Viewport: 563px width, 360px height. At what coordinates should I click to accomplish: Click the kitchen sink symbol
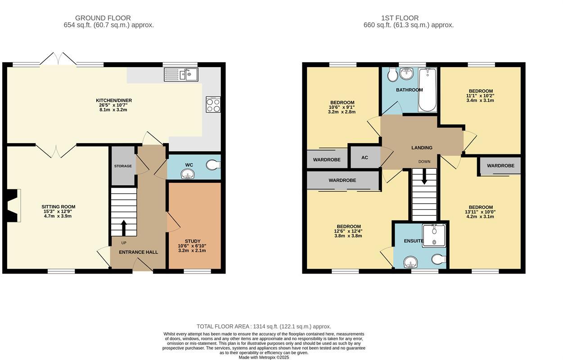tap(180, 74)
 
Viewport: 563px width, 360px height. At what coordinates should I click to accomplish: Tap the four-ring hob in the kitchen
tap(213, 105)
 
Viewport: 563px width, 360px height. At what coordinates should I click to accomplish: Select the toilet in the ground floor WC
tap(213, 166)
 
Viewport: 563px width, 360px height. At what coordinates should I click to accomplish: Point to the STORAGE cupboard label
tap(123, 166)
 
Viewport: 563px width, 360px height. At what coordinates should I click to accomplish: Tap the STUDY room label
tap(193, 241)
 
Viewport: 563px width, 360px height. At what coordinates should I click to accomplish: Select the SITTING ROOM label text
tap(56, 207)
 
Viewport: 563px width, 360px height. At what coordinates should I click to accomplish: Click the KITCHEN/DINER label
tap(114, 100)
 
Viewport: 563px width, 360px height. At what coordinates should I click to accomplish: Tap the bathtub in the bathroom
tap(427, 90)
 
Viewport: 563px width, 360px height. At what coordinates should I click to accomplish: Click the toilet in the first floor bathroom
tap(392, 75)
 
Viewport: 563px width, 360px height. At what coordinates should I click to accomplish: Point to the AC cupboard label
tap(365, 158)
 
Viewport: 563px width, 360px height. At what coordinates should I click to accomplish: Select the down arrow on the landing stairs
tap(424, 179)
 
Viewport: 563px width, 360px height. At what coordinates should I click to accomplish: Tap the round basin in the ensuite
tap(410, 262)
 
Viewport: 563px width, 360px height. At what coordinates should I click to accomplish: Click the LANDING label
tap(422, 148)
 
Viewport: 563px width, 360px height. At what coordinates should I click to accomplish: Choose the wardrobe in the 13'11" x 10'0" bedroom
tap(500, 166)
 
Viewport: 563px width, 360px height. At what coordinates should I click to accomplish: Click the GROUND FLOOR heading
tap(108, 18)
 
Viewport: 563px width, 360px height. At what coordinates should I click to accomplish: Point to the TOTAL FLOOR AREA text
tap(264, 326)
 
